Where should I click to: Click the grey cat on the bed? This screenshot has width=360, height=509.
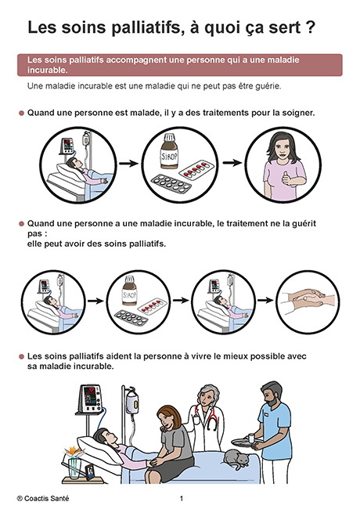point(236,459)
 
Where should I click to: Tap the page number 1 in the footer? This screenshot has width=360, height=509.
point(182,499)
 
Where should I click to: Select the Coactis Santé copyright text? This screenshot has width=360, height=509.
point(43,498)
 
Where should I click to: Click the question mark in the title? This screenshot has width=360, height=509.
point(311,27)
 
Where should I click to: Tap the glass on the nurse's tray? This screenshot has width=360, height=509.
point(251,438)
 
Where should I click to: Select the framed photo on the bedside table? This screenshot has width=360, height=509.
point(90,472)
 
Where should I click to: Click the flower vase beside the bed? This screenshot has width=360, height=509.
point(74,467)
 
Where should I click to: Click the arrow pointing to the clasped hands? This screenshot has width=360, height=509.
point(265,300)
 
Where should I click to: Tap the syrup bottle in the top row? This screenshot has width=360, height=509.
point(169,152)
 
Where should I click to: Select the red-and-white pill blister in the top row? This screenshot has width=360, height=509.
point(197,169)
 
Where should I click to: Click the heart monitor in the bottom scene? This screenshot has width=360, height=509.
point(90,399)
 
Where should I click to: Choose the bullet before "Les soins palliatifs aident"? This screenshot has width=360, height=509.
point(21,357)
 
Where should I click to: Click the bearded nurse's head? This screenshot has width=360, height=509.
point(272,393)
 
